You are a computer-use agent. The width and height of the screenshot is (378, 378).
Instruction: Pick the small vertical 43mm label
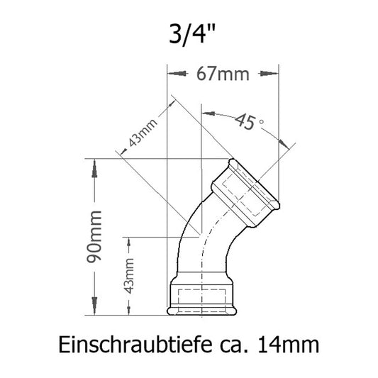(128, 276)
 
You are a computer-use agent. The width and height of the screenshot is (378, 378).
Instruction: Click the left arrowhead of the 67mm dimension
(170, 72)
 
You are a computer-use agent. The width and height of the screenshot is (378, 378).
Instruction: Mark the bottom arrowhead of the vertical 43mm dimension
(128, 310)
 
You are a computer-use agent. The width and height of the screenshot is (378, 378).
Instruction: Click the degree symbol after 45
(262, 123)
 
